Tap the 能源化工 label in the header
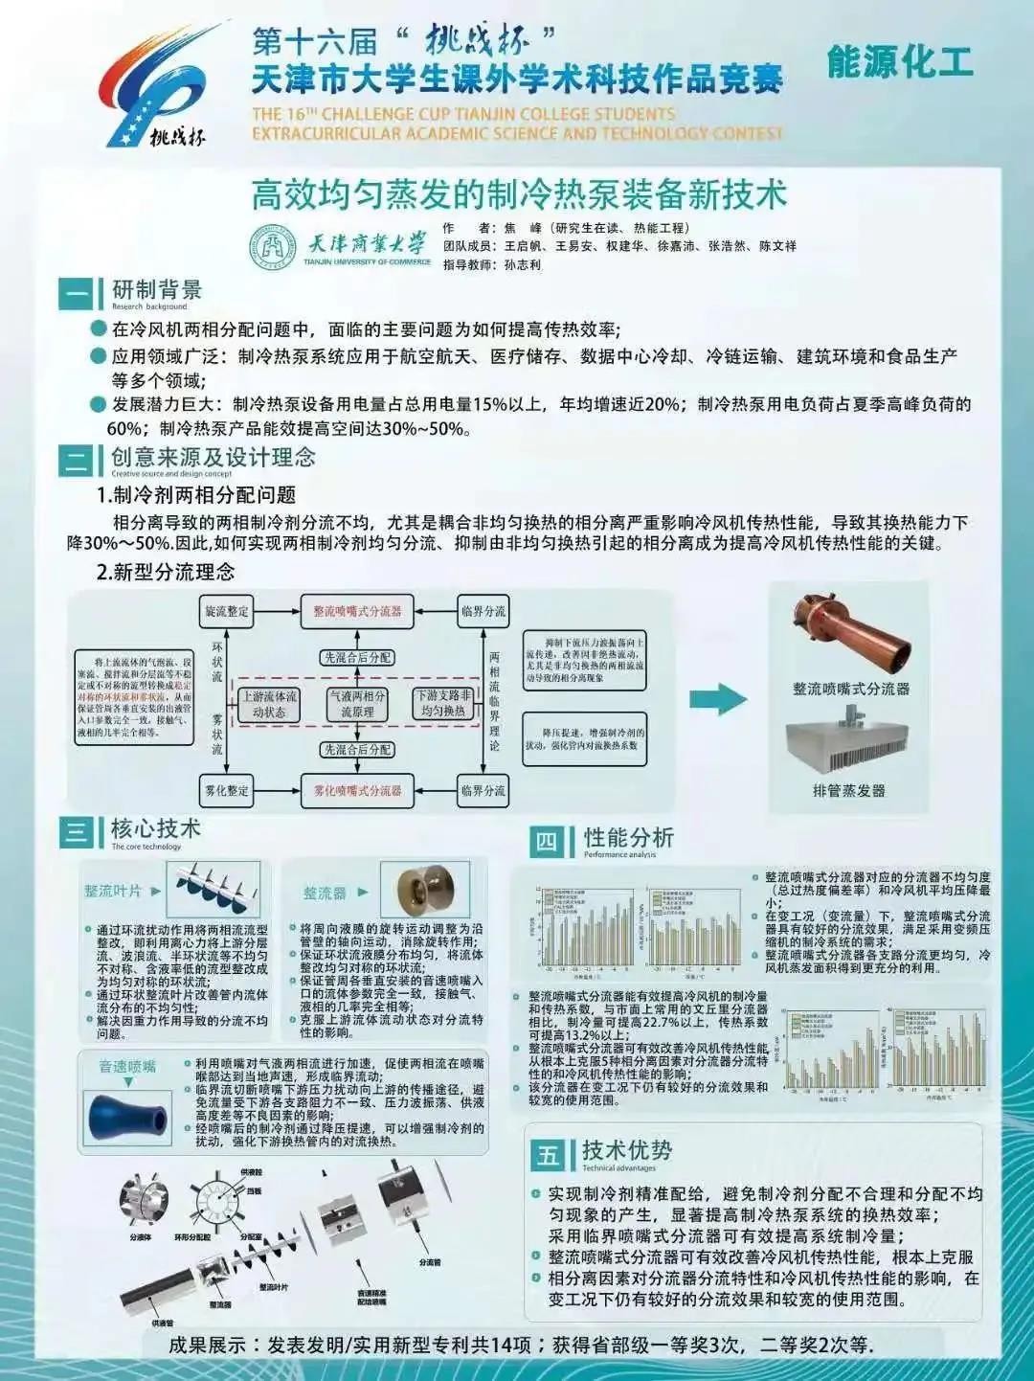899,62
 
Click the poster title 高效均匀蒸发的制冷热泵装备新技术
518,194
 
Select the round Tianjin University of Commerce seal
273,247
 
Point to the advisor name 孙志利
523,264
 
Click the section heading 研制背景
157,289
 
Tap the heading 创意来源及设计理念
213,457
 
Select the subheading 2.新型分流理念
166,572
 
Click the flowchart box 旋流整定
227,611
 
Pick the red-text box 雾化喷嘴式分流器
357,790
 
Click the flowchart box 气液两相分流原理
357,704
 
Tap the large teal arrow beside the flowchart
718,699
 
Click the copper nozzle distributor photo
849,636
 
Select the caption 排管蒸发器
849,790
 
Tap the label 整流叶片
112,891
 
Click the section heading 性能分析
629,838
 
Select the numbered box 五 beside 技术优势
548,1155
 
